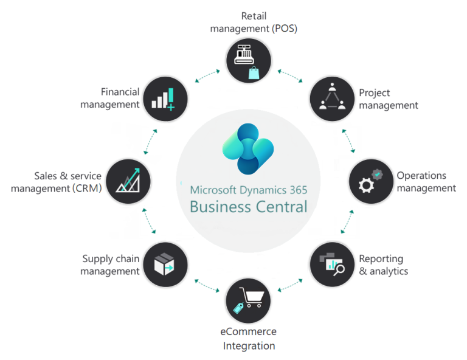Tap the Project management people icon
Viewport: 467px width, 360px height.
point(332,98)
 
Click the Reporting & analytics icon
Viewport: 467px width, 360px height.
point(332,264)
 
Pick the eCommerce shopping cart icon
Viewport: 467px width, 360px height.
point(248,300)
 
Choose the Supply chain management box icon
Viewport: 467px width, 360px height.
point(165,265)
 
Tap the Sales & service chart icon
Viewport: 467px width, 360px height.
point(128,181)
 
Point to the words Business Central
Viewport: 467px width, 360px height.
point(248,206)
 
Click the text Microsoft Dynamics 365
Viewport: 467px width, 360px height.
point(248,189)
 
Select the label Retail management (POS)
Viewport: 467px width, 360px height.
point(254,22)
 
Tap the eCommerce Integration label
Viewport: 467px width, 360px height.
point(248,339)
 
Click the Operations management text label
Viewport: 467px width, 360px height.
point(426,181)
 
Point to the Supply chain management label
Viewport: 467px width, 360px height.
point(110,265)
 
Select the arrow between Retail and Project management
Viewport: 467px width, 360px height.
point(290,77)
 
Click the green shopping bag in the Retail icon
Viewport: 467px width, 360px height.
point(254,74)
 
